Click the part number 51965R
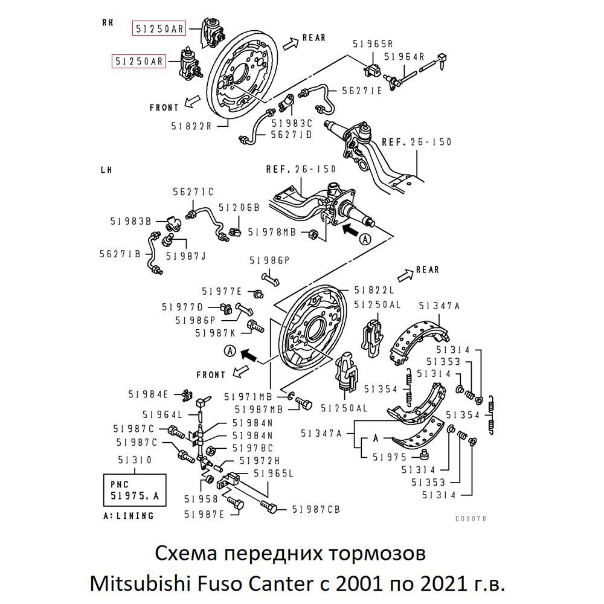373,43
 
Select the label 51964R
404,57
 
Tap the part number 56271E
362,91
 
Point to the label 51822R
191,126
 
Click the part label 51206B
239,207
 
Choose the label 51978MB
272,232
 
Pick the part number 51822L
374,290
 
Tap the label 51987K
216,332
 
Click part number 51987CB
316,510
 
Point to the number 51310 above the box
135,460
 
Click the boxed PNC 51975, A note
135,490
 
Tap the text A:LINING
129,516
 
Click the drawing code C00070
471,518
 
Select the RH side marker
108,22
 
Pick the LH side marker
106,170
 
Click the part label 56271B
120,254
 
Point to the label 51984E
148,394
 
